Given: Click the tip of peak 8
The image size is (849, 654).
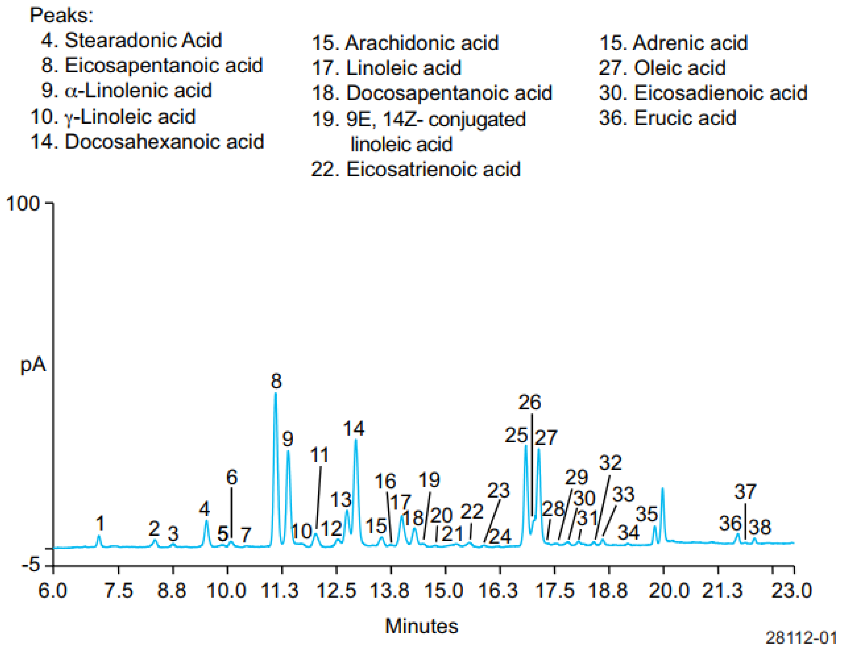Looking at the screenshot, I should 276,393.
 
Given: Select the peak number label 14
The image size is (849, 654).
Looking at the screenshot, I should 353,429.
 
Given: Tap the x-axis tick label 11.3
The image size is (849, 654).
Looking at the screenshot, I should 279,591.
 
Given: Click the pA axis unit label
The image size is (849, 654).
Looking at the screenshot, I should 33,365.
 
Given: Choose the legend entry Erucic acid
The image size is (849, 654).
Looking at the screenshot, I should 667,118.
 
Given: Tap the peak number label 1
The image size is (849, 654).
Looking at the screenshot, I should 100,523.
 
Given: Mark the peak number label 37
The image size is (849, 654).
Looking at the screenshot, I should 745,492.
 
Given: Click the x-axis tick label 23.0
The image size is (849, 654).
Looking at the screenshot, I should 792,591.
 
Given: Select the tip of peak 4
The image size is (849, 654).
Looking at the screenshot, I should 206,521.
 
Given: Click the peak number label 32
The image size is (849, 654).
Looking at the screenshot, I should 610,463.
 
